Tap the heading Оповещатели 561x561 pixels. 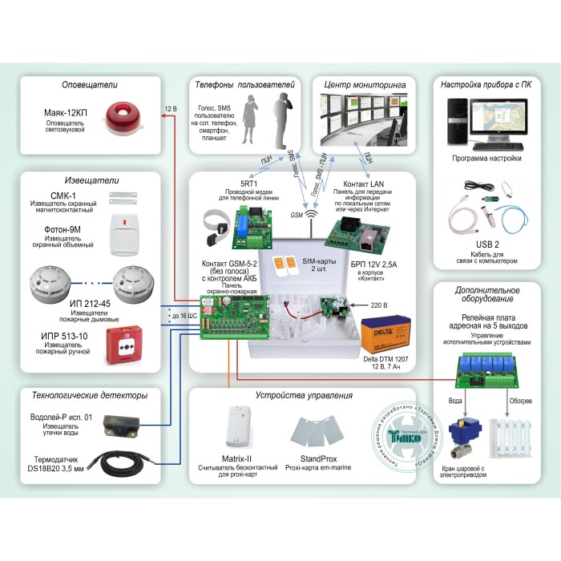pos(90,85)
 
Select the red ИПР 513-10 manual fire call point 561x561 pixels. pos(129,345)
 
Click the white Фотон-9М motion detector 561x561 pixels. pos(125,234)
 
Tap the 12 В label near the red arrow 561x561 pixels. pos(170,108)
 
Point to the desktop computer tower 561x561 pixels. pos(451,124)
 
